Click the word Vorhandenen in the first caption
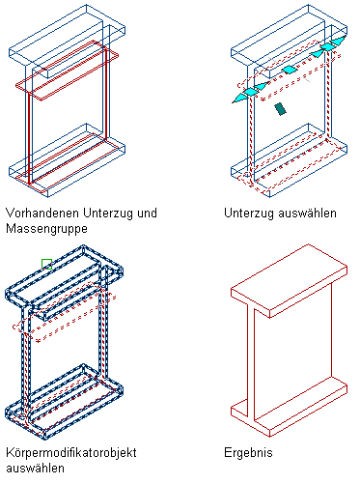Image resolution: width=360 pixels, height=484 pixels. tap(42, 214)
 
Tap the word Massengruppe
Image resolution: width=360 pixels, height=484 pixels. tap(46, 229)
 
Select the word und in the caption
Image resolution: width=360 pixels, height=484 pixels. tap(147, 214)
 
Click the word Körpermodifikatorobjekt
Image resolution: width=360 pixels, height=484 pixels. tap(71, 453)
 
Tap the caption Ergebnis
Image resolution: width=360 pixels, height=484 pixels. tap(248, 453)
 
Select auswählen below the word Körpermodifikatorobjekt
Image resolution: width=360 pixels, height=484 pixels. tap(35, 468)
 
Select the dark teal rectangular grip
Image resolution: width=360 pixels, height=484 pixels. tap(281, 109)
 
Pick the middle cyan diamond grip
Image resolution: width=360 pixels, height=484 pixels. tap(290, 70)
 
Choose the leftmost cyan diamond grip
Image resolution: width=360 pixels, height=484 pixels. tap(250, 92)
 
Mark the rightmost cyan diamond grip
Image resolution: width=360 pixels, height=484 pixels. tap(327, 47)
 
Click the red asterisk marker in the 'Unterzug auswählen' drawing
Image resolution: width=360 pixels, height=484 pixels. tap(263, 100)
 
